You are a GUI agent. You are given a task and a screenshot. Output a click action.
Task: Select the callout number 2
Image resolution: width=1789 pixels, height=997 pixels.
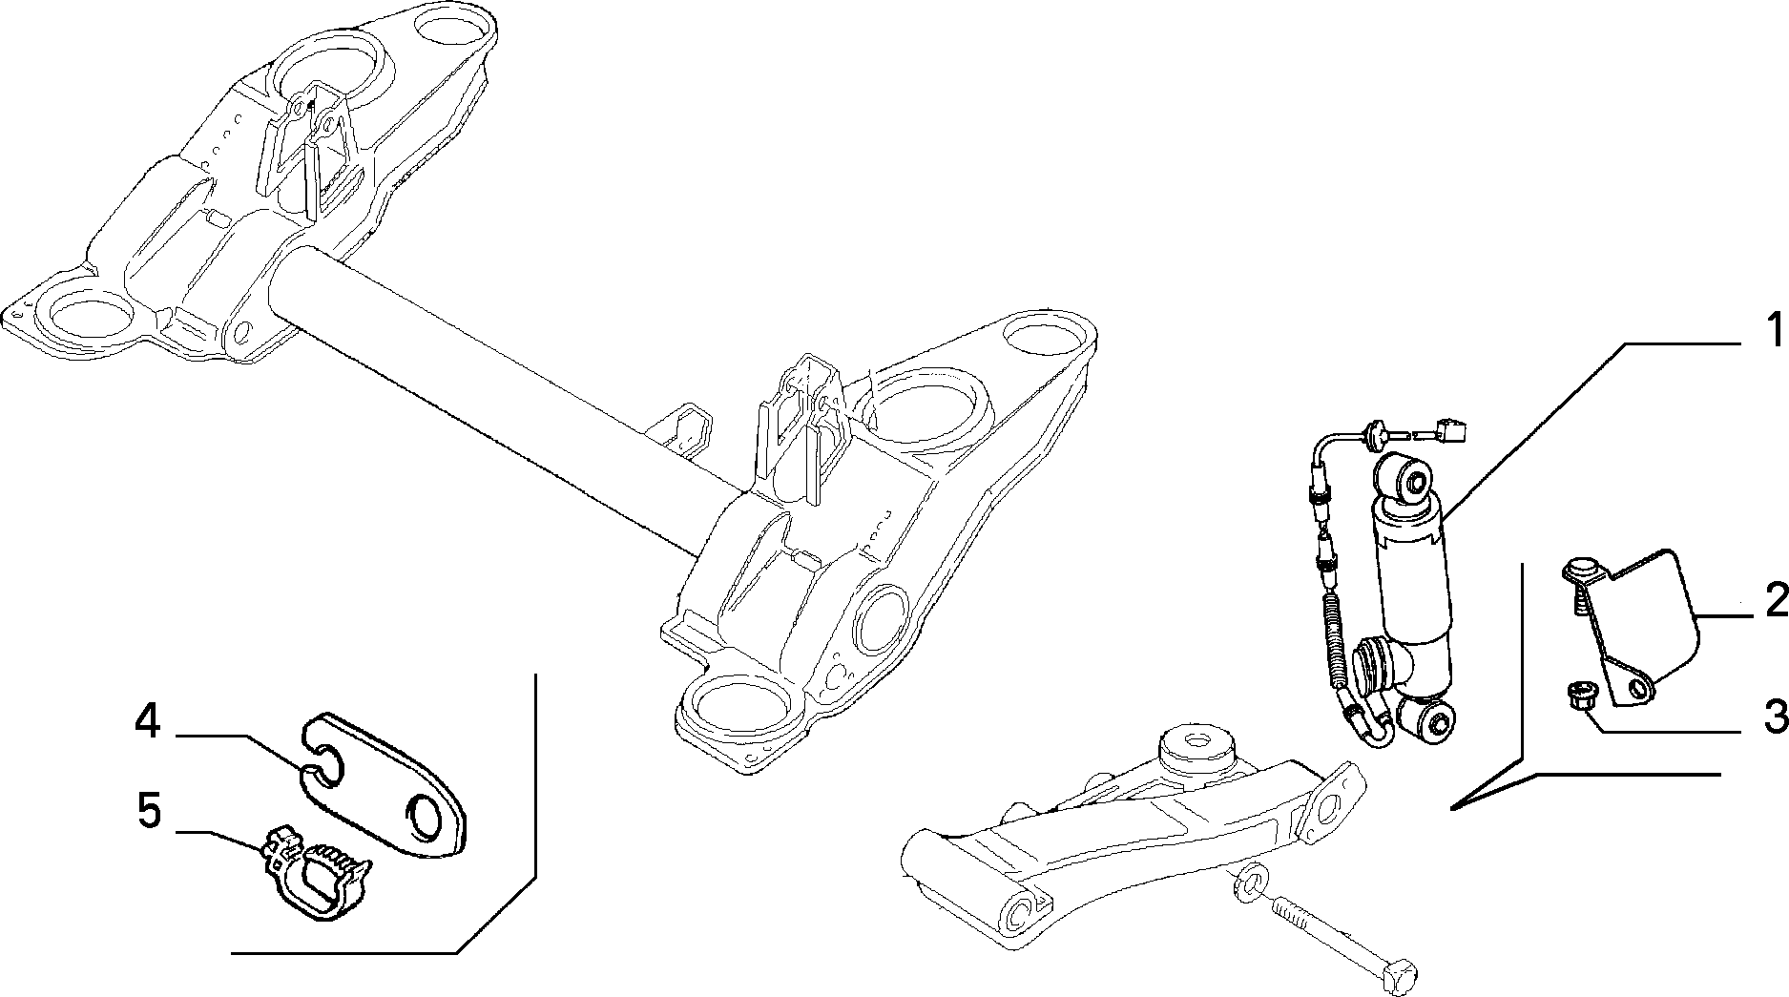click(x=1776, y=602)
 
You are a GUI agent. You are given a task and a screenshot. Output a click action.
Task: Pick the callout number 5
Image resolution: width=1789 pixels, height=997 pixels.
click(x=150, y=812)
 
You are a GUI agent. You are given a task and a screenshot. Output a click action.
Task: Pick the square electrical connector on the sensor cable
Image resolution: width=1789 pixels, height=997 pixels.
click(x=1454, y=434)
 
